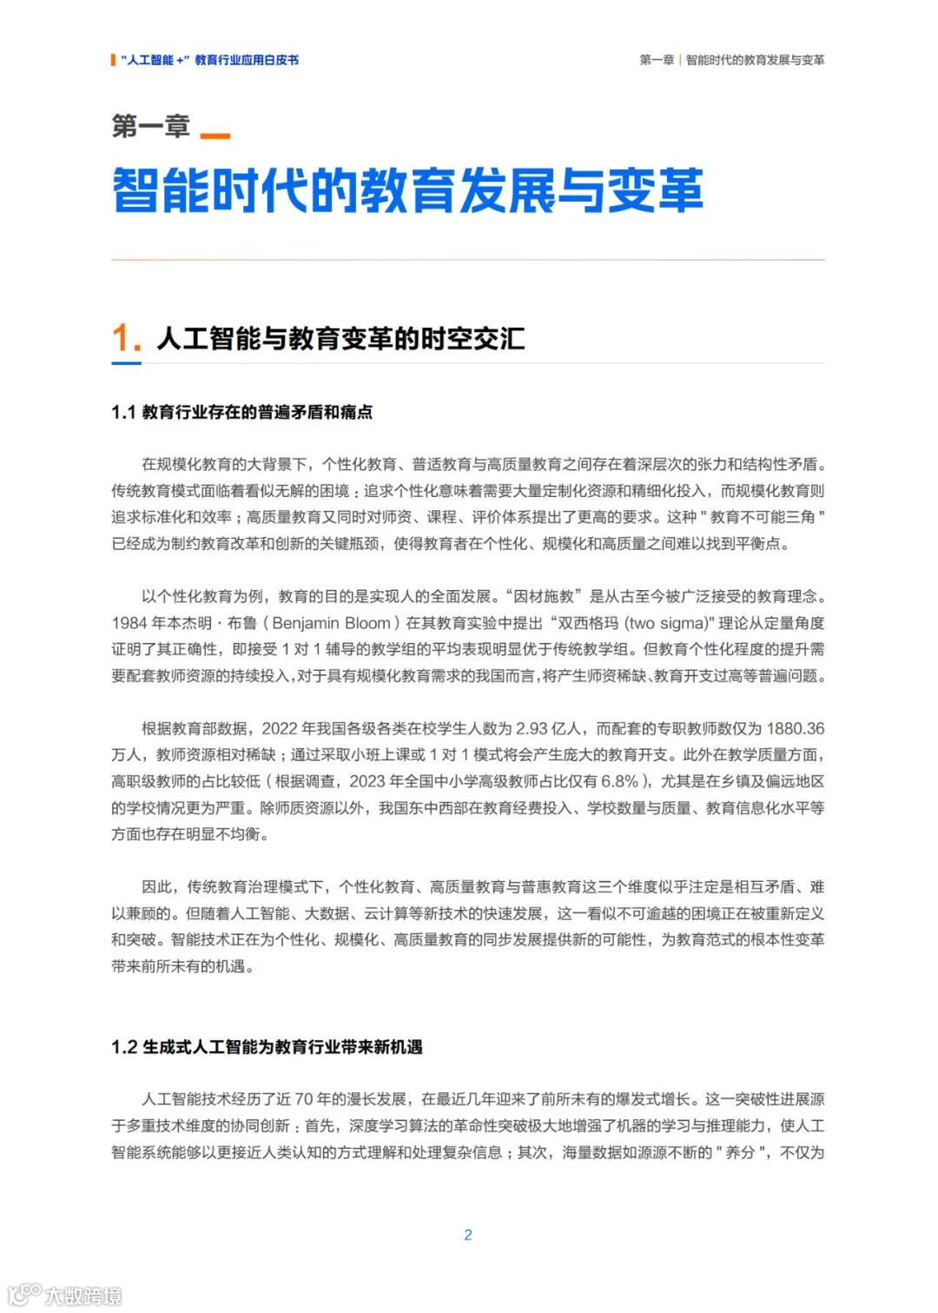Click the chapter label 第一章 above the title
coord(150,127)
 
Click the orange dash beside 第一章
coord(215,136)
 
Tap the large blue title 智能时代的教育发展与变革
coord(407,190)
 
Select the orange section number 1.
coord(125,339)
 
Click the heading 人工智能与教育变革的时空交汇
coord(340,339)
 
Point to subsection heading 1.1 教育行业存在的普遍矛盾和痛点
coord(241,412)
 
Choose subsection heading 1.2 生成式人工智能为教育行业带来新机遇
coord(267,1047)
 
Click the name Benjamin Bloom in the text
coord(331,623)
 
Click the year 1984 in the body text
coord(129,623)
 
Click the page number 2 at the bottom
coord(468,1235)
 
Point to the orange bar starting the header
coord(114,60)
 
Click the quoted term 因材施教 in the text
coord(544,596)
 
